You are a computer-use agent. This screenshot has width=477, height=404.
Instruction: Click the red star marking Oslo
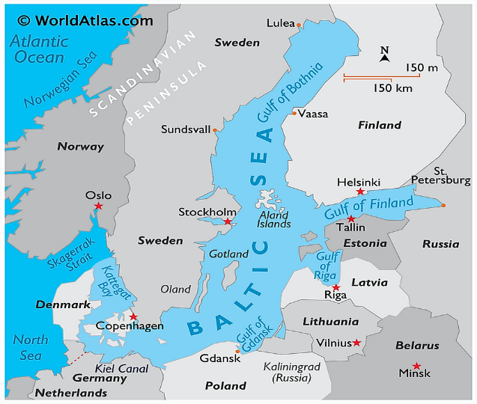pyautogui.click(x=98, y=206)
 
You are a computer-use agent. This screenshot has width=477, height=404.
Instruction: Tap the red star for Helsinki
pyautogui.click(x=360, y=192)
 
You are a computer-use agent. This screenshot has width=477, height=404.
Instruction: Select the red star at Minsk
pyautogui.click(x=416, y=366)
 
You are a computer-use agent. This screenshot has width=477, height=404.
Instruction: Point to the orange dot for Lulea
pyautogui.click(x=299, y=25)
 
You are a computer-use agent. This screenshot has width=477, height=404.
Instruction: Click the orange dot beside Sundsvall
pyautogui.click(x=215, y=130)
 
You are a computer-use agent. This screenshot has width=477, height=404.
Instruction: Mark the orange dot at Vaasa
pyautogui.click(x=294, y=114)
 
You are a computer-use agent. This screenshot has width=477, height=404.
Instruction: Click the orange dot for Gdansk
pyautogui.click(x=237, y=351)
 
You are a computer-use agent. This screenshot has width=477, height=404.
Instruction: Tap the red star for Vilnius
pyautogui.click(x=357, y=343)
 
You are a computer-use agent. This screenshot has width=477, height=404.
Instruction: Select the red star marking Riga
pyautogui.click(x=336, y=287)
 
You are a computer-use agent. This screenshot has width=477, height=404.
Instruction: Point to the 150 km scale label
pyautogui.click(x=393, y=88)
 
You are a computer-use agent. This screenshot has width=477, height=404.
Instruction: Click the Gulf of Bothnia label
pyautogui.click(x=291, y=92)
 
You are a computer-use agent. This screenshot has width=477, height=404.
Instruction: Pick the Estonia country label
pyautogui.click(x=365, y=243)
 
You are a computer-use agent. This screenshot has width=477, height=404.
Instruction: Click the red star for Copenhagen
pyautogui.click(x=133, y=316)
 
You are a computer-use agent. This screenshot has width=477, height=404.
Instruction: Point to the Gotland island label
pyautogui.click(x=228, y=254)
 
